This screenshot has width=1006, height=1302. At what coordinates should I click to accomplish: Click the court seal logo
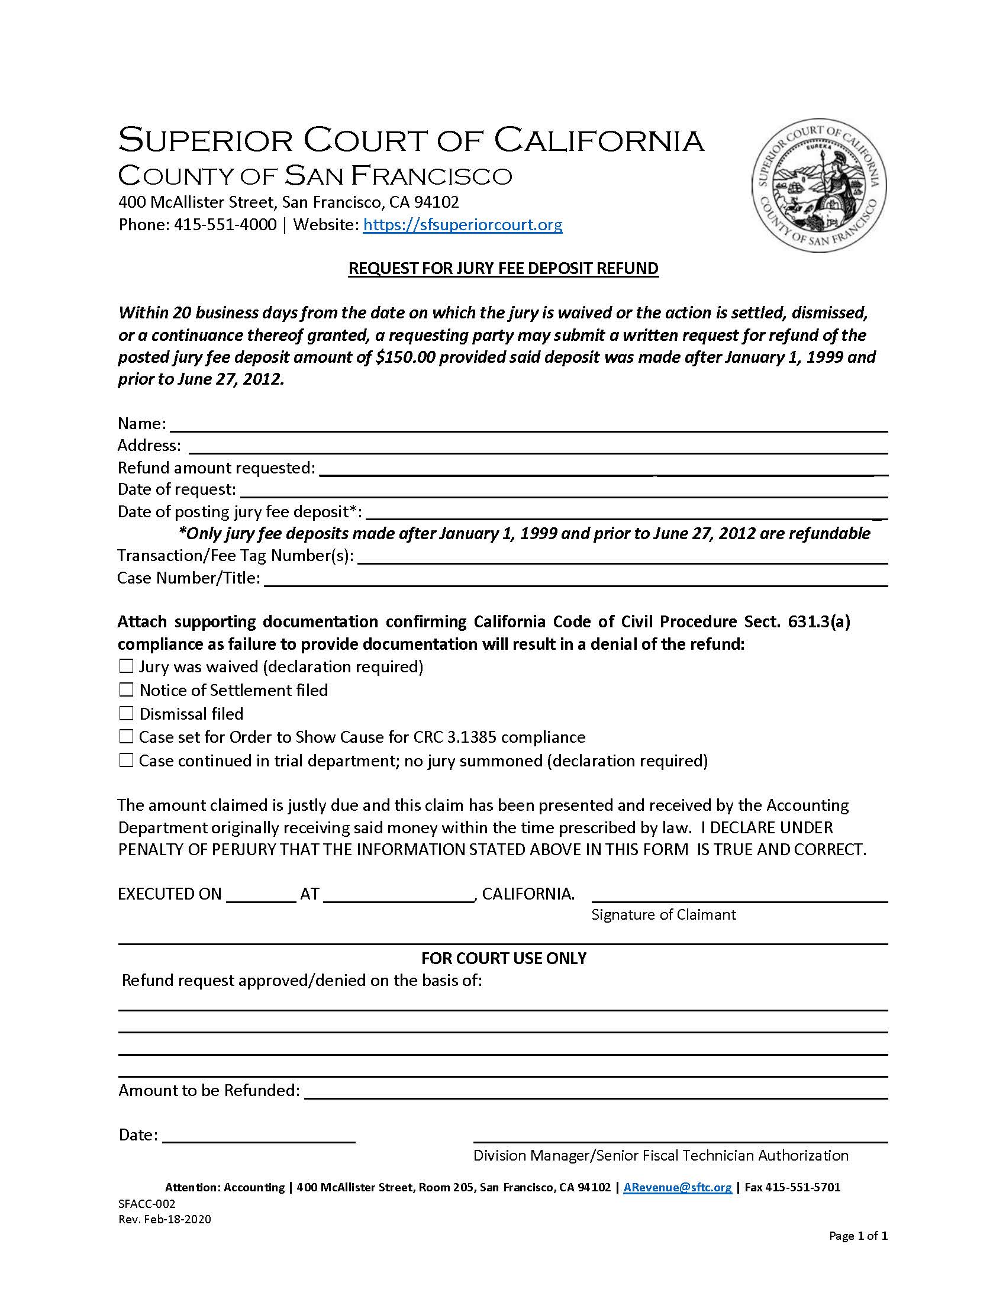pos(819,185)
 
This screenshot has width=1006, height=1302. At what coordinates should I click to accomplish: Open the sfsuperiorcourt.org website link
pos(463,225)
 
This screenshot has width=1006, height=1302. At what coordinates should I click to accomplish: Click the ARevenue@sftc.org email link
pos(678,1187)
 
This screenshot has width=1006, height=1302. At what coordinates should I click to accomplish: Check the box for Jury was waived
pos(125,666)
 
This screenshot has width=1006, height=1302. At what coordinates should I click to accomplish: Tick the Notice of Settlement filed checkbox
pos(125,689)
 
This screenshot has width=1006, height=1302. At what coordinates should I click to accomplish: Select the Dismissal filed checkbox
pos(125,713)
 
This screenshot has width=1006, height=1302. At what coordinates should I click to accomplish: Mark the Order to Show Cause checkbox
pos(125,737)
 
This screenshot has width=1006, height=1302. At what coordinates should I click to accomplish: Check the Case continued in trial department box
pos(125,760)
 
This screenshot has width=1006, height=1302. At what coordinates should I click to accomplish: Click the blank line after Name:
pos(528,424)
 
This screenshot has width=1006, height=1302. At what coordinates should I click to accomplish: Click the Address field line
pos(537,446)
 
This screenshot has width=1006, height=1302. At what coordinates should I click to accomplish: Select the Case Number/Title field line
pos(575,579)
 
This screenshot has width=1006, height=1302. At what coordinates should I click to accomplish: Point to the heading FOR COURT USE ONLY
pos(504,958)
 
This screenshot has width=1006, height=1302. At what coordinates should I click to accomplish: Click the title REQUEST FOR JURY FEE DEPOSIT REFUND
pos(503,268)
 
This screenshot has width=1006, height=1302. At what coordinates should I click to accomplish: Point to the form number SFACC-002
pos(147,1204)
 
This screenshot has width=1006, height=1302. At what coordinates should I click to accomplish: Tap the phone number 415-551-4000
pos(225,225)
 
